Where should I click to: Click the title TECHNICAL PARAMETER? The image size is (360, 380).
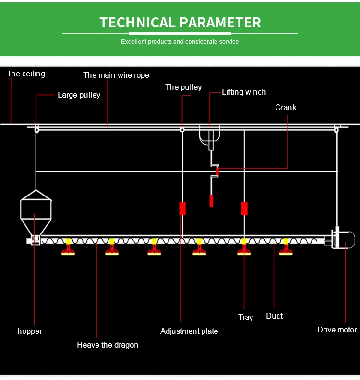click(x=180, y=22)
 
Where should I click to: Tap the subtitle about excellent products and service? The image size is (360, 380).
click(x=180, y=42)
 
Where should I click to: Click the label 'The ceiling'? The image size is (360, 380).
click(x=26, y=74)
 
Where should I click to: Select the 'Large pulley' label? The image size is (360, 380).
click(x=79, y=95)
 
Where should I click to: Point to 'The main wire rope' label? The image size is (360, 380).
click(x=116, y=75)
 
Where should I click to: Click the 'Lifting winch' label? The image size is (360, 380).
click(x=243, y=92)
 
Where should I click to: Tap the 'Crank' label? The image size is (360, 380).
click(x=286, y=107)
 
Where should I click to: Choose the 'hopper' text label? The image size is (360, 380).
click(x=30, y=331)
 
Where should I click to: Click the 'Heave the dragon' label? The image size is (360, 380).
click(x=108, y=345)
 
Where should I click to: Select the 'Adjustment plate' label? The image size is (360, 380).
click(x=189, y=331)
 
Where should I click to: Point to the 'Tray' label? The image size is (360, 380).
click(x=245, y=317)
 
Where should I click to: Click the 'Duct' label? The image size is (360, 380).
click(x=274, y=316)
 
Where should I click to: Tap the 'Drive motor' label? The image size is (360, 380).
click(x=337, y=330)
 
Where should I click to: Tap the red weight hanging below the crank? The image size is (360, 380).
click(x=211, y=201)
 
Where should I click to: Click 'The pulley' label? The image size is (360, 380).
click(x=183, y=87)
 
